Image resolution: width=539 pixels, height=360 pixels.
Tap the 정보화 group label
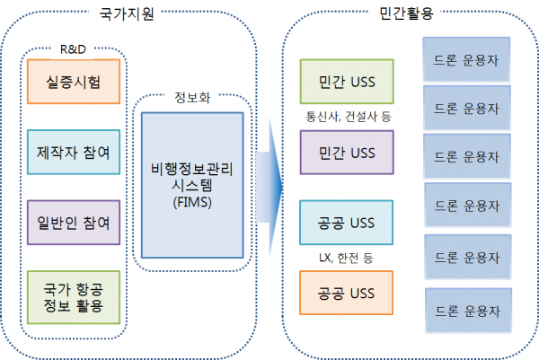point(191,95)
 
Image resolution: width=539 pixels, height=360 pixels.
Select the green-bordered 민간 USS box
point(347,83)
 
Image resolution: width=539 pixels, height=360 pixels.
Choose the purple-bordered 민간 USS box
point(347,154)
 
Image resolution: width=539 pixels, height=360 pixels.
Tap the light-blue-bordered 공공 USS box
point(347,223)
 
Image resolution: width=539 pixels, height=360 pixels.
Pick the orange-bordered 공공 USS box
point(347,293)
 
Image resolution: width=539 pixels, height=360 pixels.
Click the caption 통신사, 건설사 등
point(347,117)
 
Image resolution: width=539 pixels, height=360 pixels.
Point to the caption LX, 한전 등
point(347,258)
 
